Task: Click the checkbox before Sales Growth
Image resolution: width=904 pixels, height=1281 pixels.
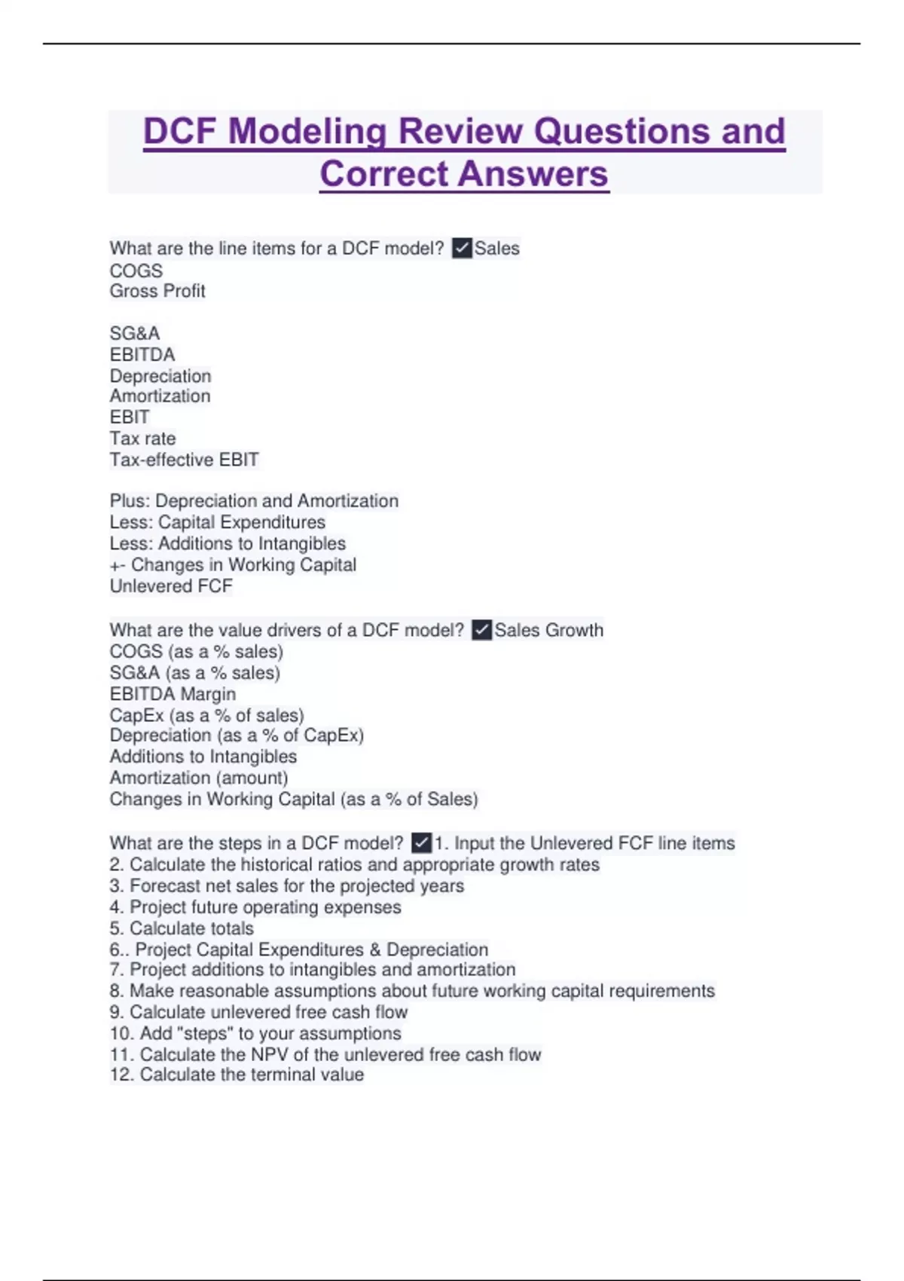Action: click(482, 630)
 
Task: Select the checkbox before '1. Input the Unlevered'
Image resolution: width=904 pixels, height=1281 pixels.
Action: click(422, 842)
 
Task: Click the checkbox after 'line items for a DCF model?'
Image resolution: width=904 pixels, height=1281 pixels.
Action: click(462, 248)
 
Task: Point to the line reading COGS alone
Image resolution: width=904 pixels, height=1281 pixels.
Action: click(136, 271)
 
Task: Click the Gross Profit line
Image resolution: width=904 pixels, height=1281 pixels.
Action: click(157, 291)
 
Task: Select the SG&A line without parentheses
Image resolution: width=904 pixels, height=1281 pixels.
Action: click(135, 333)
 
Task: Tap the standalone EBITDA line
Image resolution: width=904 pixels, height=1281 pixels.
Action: click(142, 354)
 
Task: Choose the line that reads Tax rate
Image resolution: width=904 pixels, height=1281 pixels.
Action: click(143, 439)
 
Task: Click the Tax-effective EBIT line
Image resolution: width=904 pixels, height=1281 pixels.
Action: click(185, 460)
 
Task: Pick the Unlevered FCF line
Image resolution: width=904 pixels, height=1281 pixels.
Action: click(171, 586)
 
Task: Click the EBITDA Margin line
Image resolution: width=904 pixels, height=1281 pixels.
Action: click(173, 694)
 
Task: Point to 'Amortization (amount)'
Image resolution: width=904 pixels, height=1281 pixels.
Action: click(199, 778)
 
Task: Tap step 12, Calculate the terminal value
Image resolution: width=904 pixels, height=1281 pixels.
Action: click(237, 1075)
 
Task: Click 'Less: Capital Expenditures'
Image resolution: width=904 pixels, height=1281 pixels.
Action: click(218, 522)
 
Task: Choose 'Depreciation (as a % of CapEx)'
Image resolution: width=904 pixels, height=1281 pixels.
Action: click(237, 735)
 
